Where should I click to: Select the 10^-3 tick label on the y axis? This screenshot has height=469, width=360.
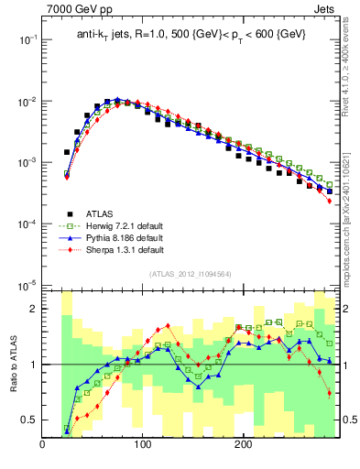click(27, 162)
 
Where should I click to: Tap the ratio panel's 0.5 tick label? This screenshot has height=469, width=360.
click(28, 420)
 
